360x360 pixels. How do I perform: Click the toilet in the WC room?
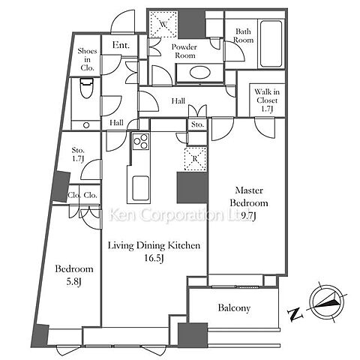click(x=87, y=88)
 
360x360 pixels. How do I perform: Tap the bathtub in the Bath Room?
click(x=271, y=43)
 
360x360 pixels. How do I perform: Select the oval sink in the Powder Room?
click(x=199, y=73)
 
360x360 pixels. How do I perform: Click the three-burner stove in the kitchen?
click(x=141, y=141)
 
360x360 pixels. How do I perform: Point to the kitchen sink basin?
click(x=140, y=188)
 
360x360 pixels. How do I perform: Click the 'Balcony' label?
click(x=234, y=307)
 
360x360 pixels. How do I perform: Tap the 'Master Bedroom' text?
click(x=249, y=196)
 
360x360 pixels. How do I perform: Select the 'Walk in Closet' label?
click(x=267, y=96)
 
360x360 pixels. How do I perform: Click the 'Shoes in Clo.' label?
click(x=87, y=59)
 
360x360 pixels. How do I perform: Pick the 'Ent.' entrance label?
click(x=121, y=45)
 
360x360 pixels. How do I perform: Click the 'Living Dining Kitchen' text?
click(x=154, y=245)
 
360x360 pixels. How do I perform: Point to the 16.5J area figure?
click(x=154, y=258)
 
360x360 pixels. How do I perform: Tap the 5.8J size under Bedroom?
click(x=74, y=282)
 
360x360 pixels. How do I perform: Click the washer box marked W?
click(x=163, y=25)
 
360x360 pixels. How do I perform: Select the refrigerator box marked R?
click(x=195, y=159)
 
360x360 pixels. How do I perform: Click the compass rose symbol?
click(x=326, y=302)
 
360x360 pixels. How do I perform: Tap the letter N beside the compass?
click(x=295, y=315)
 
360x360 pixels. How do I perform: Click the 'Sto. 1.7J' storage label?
click(x=78, y=154)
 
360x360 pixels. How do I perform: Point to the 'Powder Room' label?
click(x=184, y=51)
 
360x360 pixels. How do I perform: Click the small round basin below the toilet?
click(x=86, y=125)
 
